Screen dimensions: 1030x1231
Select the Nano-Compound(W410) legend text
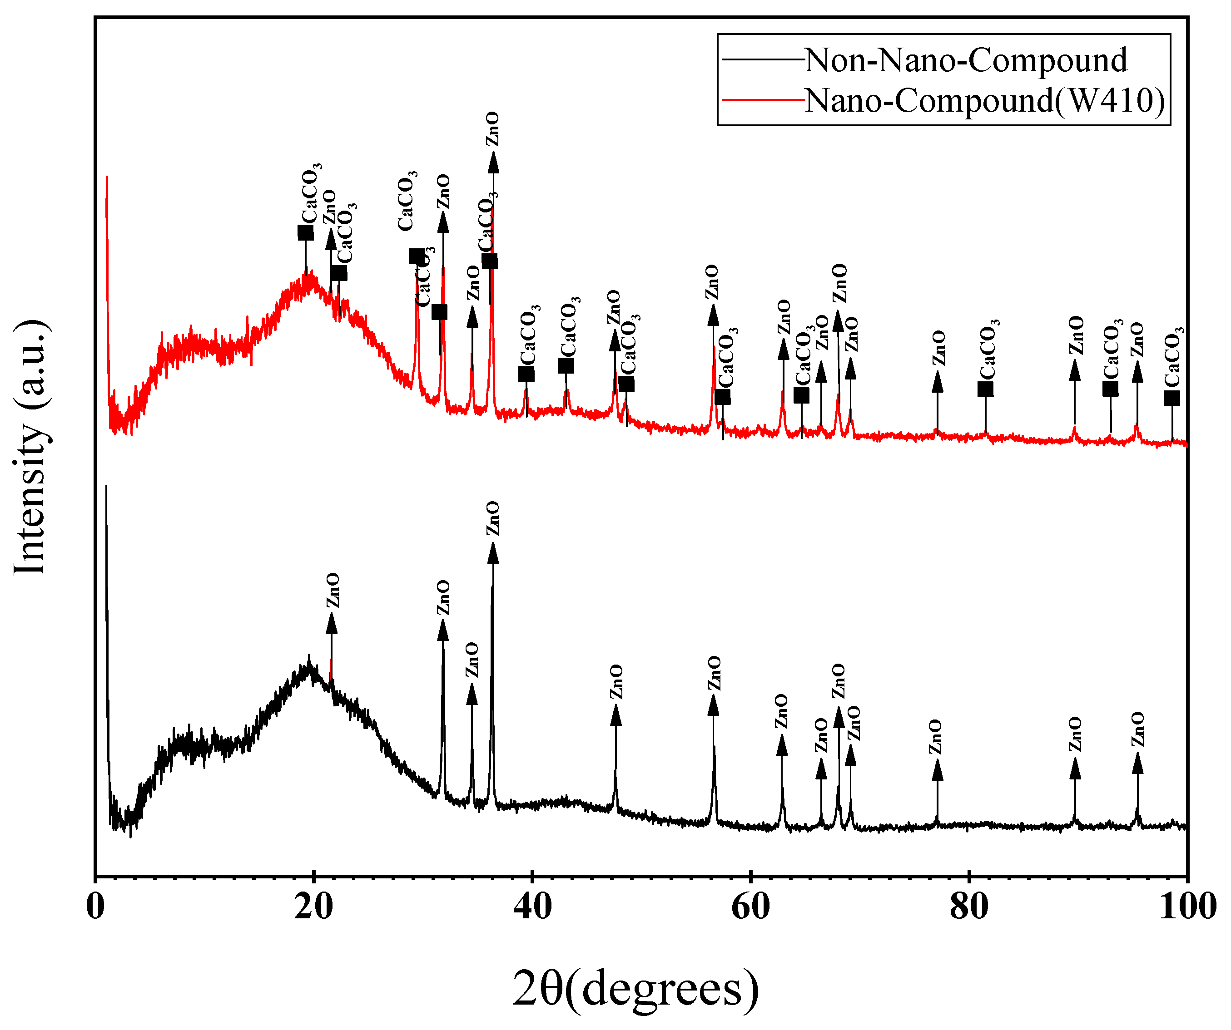pos(985,100)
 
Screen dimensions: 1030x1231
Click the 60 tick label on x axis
pos(750,907)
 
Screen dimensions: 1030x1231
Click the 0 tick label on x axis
pos(95,907)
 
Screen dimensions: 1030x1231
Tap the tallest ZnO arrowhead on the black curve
pos(493,553)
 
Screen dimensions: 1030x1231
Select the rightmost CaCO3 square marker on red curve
pos(1171,399)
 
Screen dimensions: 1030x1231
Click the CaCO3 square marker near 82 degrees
pos(985,389)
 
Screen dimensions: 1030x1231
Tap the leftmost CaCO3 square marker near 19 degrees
pos(305,232)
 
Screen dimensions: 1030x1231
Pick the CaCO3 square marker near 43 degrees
pos(566,365)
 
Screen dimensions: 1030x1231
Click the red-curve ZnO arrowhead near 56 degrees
pos(713,315)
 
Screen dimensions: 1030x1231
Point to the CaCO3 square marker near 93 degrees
pos(1110,389)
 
